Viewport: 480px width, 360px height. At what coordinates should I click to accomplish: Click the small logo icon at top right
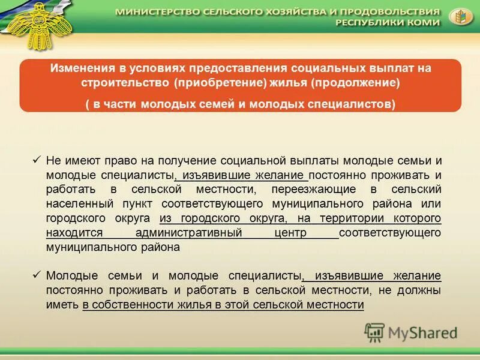pos(460,17)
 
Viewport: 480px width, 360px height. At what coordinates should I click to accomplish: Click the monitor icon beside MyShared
pos(375,332)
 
